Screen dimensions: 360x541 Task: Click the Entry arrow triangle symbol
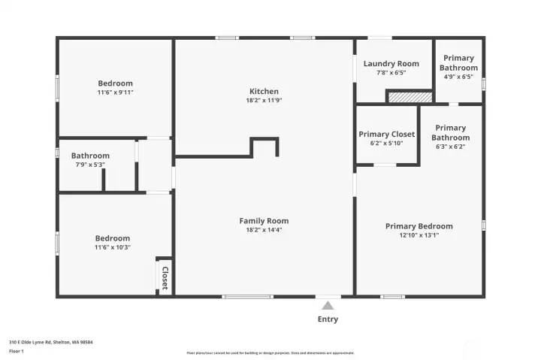coord(327,305)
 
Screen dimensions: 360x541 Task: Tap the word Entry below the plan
coord(328,319)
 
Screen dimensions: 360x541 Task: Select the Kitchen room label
coord(264,92)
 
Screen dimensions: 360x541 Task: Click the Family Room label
coord(264,221)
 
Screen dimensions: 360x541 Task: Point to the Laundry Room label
coord(391,64)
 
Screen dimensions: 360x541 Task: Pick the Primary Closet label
coord(386,134)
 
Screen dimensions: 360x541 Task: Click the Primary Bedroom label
coord(419,226)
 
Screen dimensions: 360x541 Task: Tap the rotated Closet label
coord(165,277)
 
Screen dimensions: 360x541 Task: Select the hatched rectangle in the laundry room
coord(410,96)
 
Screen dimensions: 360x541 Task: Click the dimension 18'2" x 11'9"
coord(264,101)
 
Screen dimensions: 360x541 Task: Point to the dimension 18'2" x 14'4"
coord(264,230)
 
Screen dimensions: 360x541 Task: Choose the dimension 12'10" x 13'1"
coord(419,235)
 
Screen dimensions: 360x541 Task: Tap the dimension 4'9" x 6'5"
coord(458,77)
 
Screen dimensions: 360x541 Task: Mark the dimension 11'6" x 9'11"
coord(115,92)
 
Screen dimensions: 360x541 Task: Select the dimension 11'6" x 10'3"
coord(112,247)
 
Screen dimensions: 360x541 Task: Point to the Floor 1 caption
coord(17,351)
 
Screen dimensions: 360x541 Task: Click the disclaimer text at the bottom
coord(270,352)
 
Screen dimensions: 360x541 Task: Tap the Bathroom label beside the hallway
coord(90,156)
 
